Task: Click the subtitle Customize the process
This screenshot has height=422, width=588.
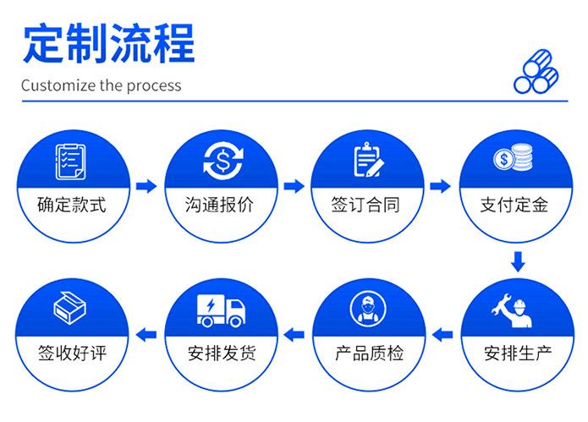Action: [101, 85]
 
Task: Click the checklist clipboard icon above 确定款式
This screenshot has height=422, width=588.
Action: [71, 161]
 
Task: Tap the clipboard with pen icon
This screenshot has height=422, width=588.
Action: [367, 160]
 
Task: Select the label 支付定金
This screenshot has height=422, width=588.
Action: [514, 205]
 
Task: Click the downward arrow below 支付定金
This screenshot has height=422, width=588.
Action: [516, 262]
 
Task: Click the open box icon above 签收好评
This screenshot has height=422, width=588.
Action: [71, 308]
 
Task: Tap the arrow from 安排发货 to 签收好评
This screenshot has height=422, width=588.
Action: [146, 333]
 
